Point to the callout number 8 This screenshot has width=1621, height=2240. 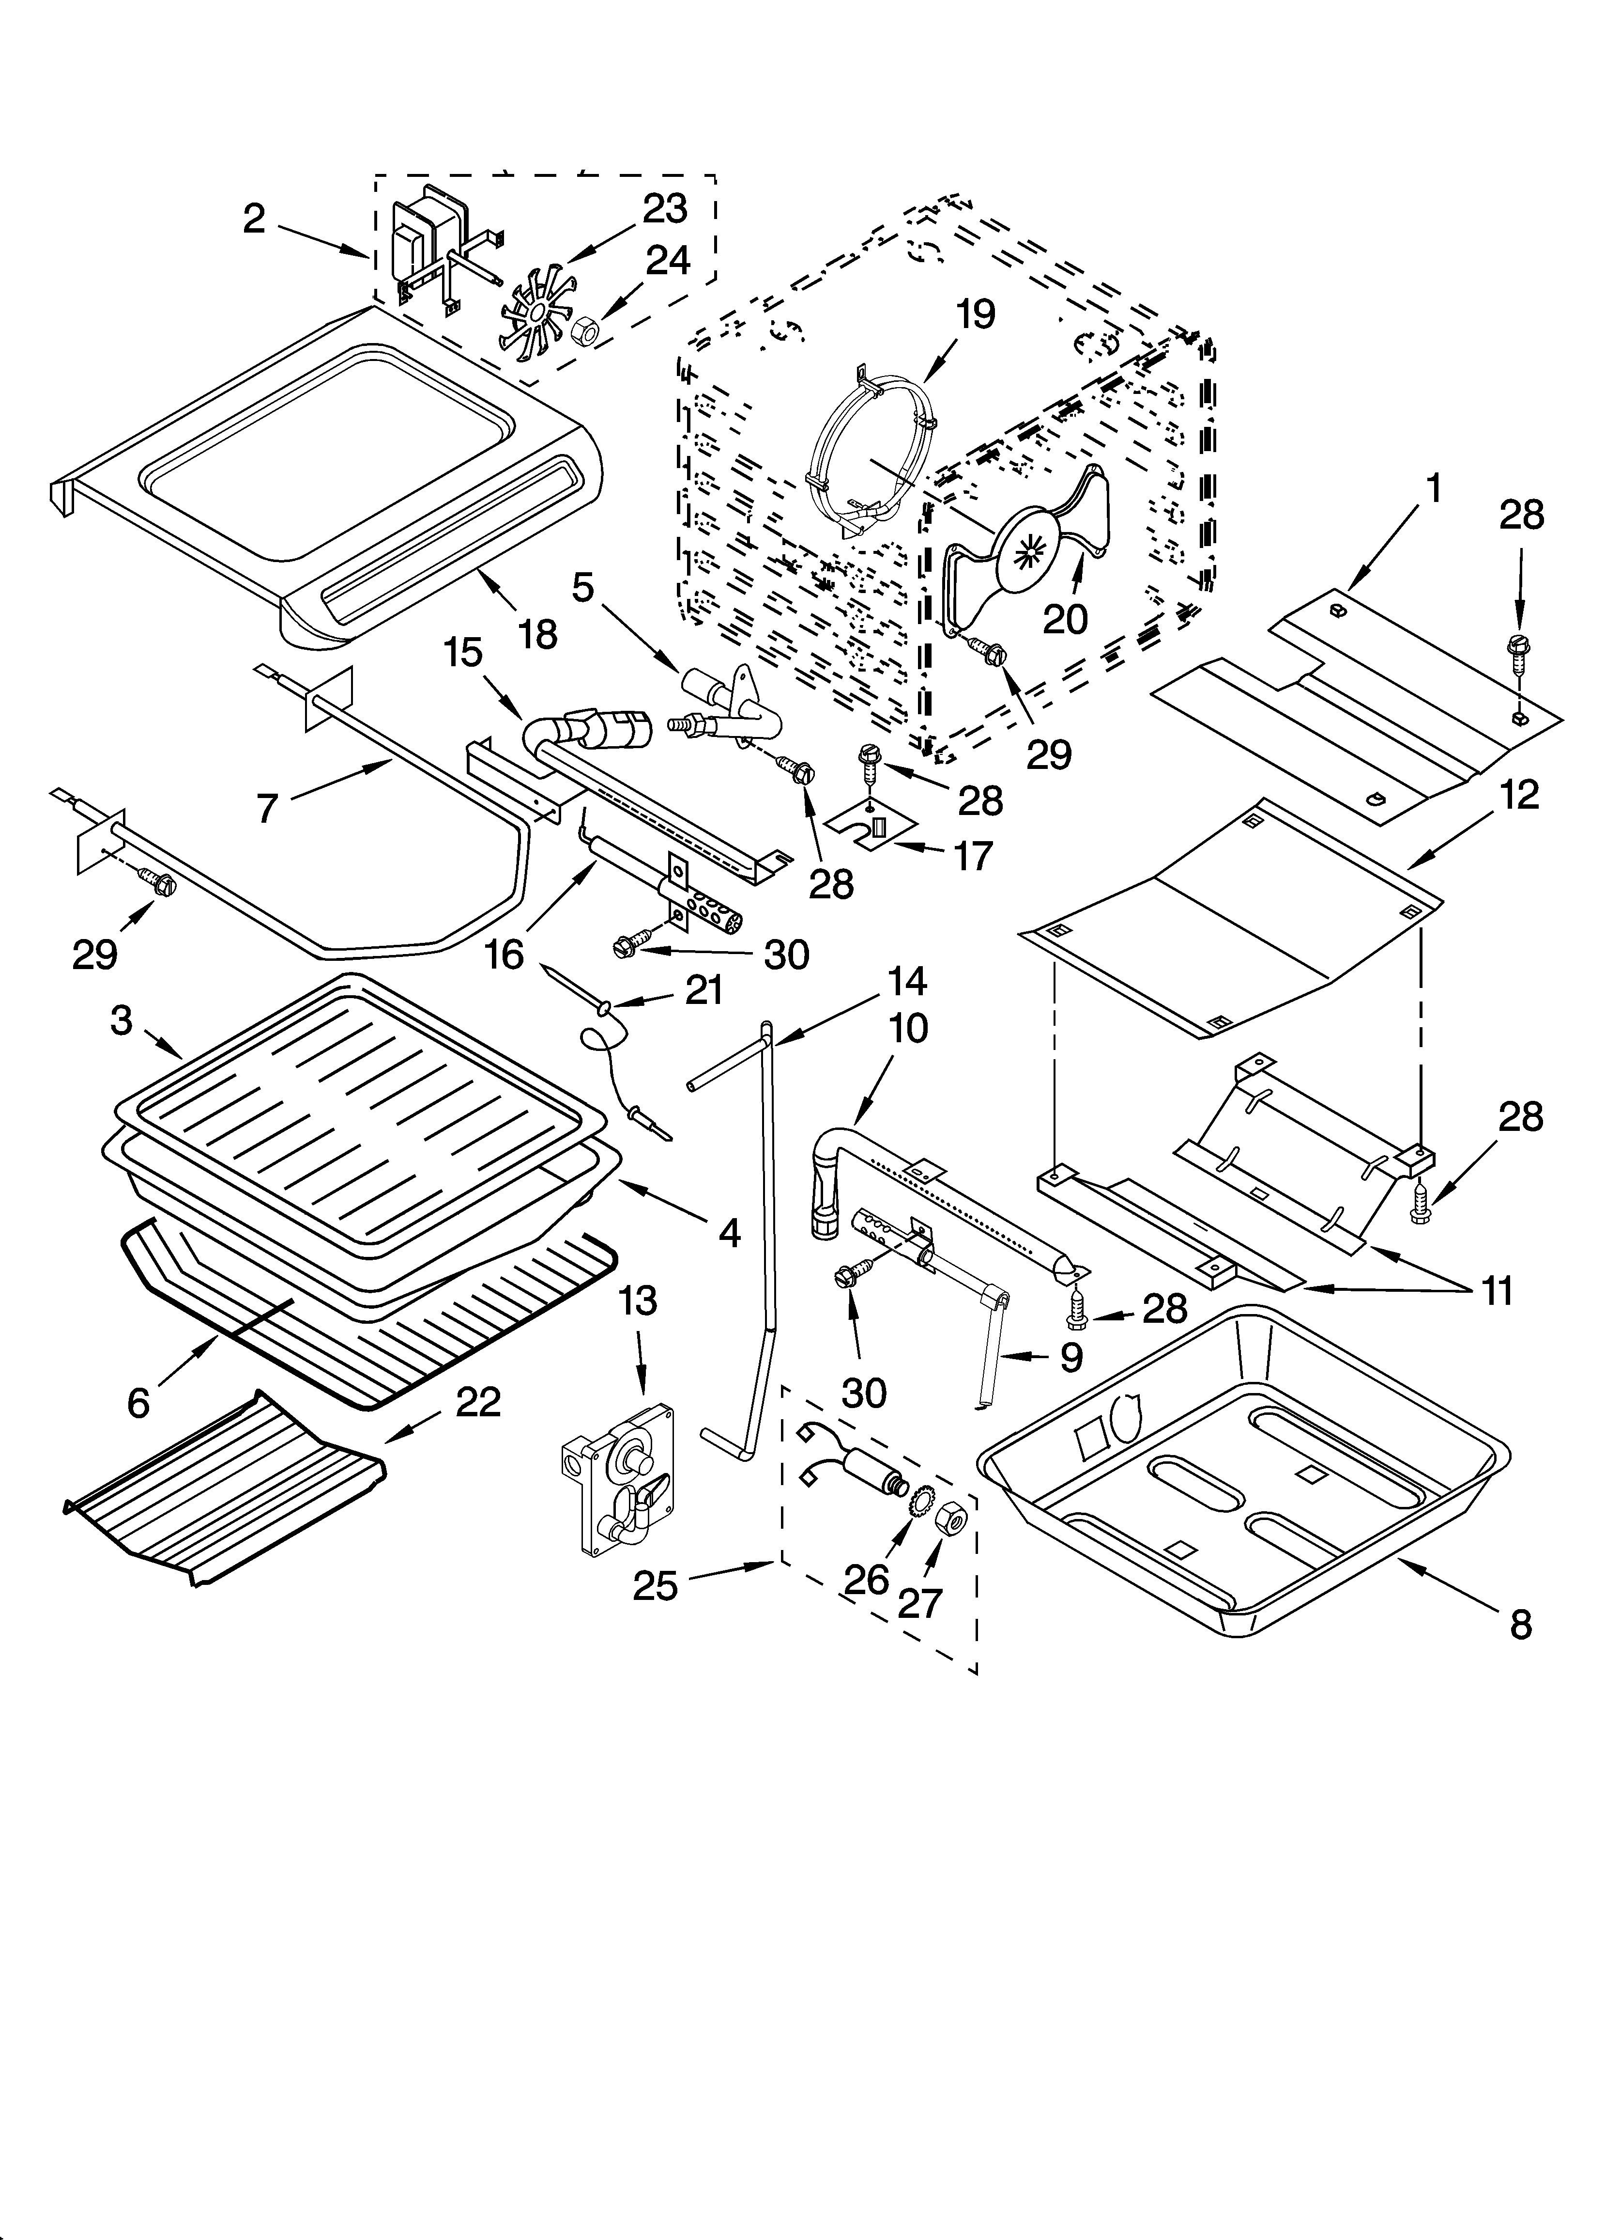[x=1520, y=1625]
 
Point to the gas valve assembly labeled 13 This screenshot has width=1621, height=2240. [x=622, y=1476]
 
